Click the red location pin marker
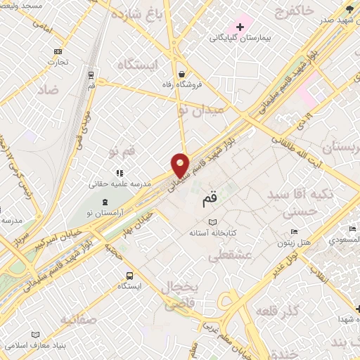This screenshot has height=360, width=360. (x=181, y=165)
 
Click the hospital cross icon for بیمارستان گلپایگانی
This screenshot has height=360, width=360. (x=240, y=27)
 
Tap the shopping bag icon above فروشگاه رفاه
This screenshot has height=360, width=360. (x=182, y=74)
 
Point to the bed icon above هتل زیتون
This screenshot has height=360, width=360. (x=294, y=232)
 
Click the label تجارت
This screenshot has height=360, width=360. (x=57, y=62)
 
